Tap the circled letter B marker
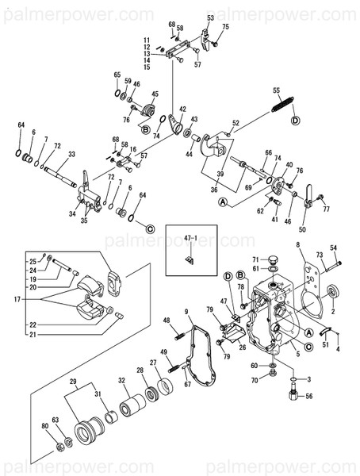point(145,129)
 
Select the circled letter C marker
point(149,229)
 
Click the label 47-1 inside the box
point(190,237)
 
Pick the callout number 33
point(71,155)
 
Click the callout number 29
point(75,382)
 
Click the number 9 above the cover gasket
point(186,312)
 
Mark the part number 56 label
point(309,395)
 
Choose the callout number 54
point(333,248)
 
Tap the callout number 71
point(255,259)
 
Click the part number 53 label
point(210,17)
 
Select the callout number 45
point(155,93)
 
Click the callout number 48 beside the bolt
point(167,321)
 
